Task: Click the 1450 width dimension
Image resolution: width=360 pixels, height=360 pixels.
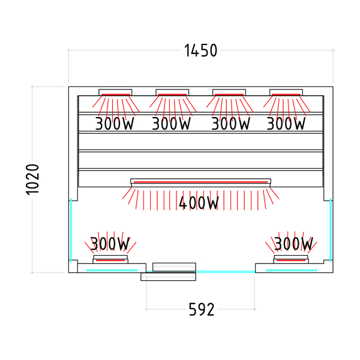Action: pos(200,50)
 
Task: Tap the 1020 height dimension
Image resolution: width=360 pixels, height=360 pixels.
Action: pos(32,179)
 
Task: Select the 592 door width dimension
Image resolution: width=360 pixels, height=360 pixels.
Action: pos(202,309)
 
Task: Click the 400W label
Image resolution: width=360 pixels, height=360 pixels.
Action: pos(199,203)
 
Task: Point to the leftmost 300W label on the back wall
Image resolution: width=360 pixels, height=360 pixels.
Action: pos(115,124)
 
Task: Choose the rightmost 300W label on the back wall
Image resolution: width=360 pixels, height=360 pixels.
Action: pos(286,124)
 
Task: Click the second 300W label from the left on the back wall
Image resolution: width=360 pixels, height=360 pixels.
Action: pos(171,124)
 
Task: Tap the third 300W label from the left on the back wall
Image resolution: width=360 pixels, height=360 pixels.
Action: pos(230,124)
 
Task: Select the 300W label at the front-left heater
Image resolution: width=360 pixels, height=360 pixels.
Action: pos(110,244)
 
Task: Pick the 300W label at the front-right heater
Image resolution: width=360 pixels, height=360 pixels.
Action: pos(293,244)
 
